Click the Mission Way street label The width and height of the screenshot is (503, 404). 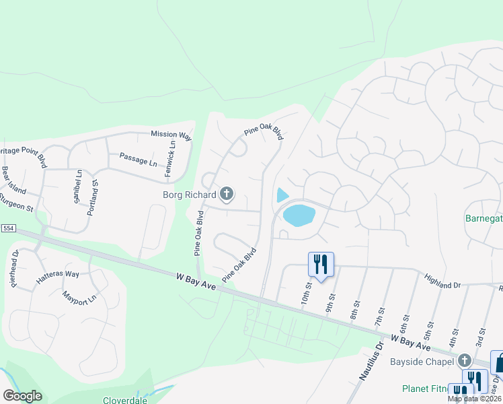click(x=171, y=135)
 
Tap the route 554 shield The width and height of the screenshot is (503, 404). click(x=7, y=228)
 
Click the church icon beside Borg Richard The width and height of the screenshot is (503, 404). click(x=227, y=195)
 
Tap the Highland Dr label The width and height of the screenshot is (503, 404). click(x=442, y=281)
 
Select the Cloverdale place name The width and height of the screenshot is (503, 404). click(x=125, y=399)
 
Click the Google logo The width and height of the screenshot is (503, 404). click(x=22, y=396)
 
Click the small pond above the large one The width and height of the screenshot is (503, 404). click(x=282, y=195)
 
